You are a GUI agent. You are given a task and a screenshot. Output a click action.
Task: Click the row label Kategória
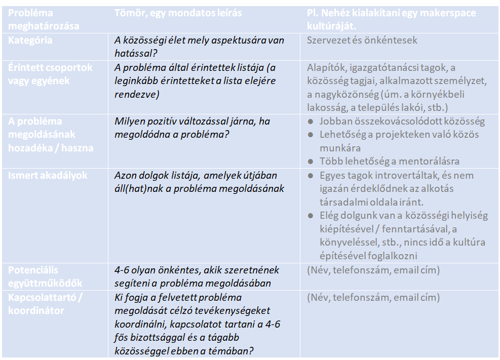30,40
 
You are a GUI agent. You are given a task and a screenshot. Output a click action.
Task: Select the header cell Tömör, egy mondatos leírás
178,13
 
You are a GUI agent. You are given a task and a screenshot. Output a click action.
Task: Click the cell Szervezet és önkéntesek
362,40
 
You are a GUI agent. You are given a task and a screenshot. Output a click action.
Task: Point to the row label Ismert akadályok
48,175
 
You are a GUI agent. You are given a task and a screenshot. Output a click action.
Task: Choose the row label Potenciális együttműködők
45,276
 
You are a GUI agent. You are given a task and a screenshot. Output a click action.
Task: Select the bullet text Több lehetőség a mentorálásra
389,162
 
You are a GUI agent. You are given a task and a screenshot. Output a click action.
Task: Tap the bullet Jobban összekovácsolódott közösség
402,121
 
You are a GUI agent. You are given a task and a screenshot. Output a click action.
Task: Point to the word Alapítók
326,67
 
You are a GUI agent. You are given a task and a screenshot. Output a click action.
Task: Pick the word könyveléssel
350,242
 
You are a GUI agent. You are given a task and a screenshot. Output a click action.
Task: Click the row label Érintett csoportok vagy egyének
50,74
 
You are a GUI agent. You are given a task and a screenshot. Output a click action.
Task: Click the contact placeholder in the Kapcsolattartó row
373,297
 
